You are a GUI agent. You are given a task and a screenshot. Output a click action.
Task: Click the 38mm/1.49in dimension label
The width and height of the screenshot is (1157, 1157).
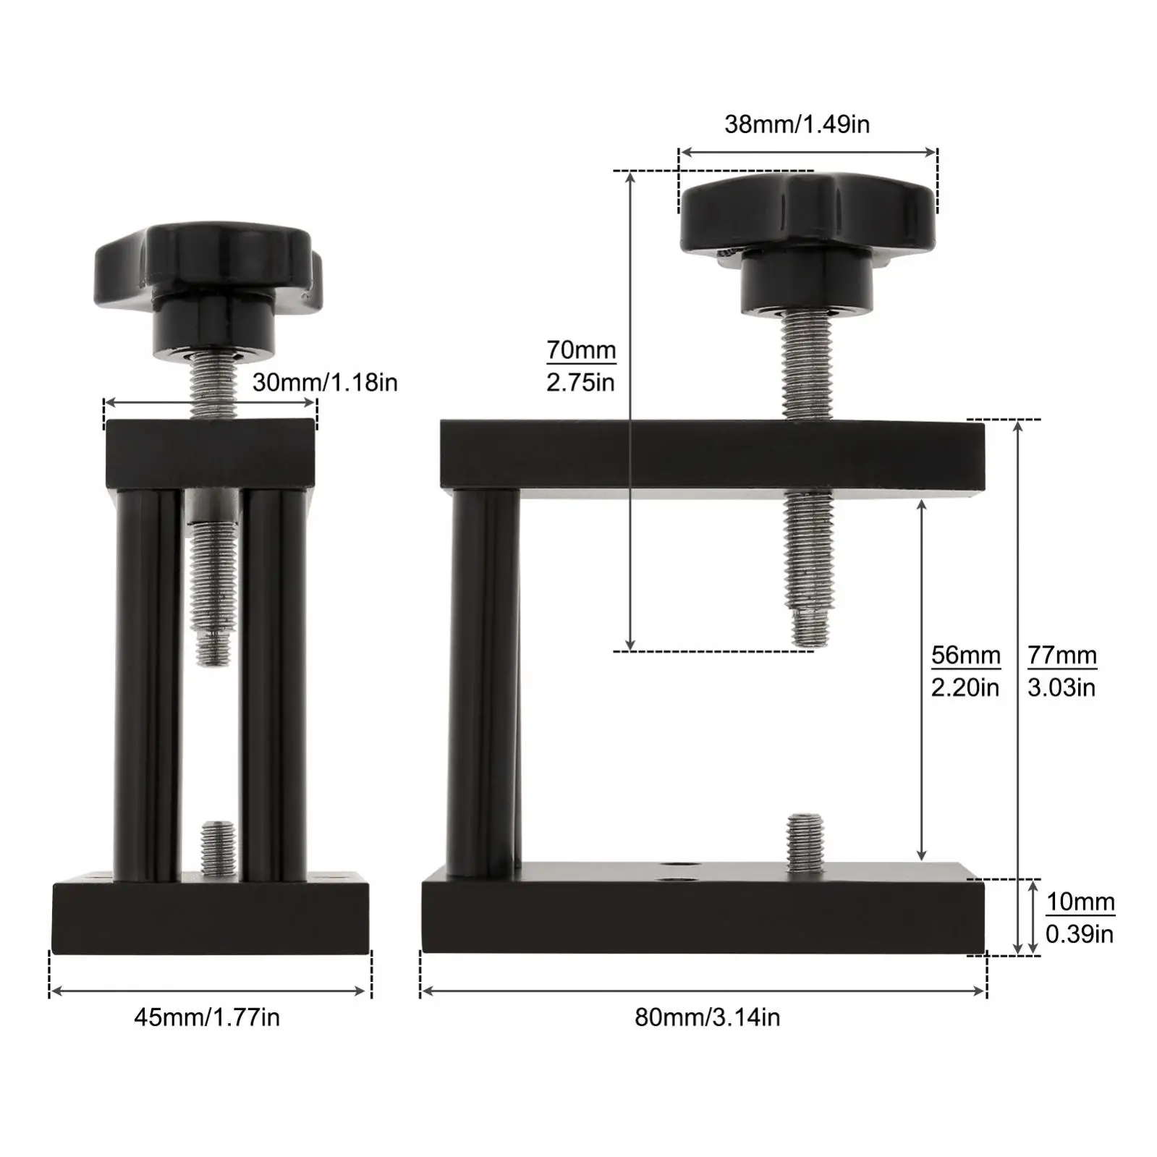click(x=797, y=124)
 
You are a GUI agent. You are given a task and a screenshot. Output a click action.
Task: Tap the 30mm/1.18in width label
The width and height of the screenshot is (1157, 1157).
click(x=325, y=382)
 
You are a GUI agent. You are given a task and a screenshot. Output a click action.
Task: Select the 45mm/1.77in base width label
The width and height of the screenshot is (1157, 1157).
click(x=207, y=1017)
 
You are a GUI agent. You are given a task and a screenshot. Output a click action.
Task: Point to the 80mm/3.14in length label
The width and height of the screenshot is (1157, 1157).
click(x=707, y=1017)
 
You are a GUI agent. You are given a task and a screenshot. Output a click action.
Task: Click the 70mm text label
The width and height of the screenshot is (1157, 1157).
click(x=581, y=350)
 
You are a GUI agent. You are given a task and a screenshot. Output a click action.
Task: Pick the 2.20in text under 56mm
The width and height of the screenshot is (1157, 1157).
click(x=965, y=687)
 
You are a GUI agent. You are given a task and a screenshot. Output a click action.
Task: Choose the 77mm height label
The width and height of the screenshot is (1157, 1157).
click(x=1061, y=656)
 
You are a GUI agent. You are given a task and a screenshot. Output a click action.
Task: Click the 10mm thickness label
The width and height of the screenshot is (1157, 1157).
click(x=1080, y=902)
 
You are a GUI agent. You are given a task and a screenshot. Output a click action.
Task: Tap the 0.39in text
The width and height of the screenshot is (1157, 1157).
click(x=1079, y=934)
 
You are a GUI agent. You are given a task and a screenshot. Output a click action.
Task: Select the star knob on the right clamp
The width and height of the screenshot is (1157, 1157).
click(x=807, y=213)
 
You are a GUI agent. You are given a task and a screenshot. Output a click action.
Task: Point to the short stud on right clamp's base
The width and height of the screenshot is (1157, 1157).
click(x=805, y=842)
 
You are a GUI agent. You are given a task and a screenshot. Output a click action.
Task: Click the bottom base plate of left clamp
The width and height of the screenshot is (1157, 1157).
click(x=211, y=917)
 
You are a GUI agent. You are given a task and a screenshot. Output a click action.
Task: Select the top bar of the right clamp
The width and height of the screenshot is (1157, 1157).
click(x=713, y=455)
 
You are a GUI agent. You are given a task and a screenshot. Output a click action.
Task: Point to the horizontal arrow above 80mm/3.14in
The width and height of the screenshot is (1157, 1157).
click(x=703, y=991)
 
